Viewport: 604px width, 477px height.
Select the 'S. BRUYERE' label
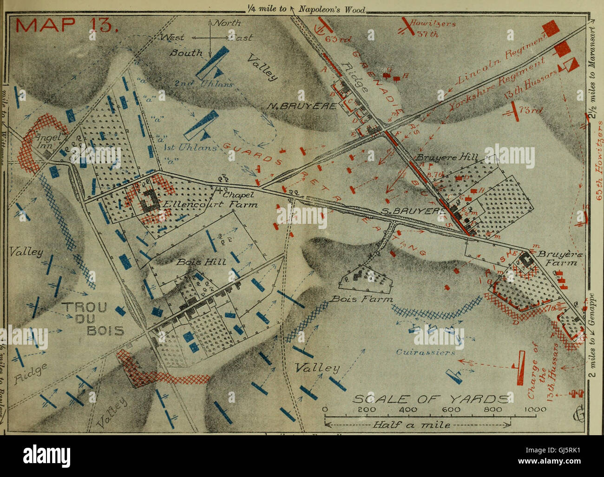(x=407, y=212)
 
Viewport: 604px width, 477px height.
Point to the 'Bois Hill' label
(x=201, y=262)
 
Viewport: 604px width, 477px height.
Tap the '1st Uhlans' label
(x=192, y=148)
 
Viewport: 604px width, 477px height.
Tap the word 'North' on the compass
(x=226, y=23)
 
